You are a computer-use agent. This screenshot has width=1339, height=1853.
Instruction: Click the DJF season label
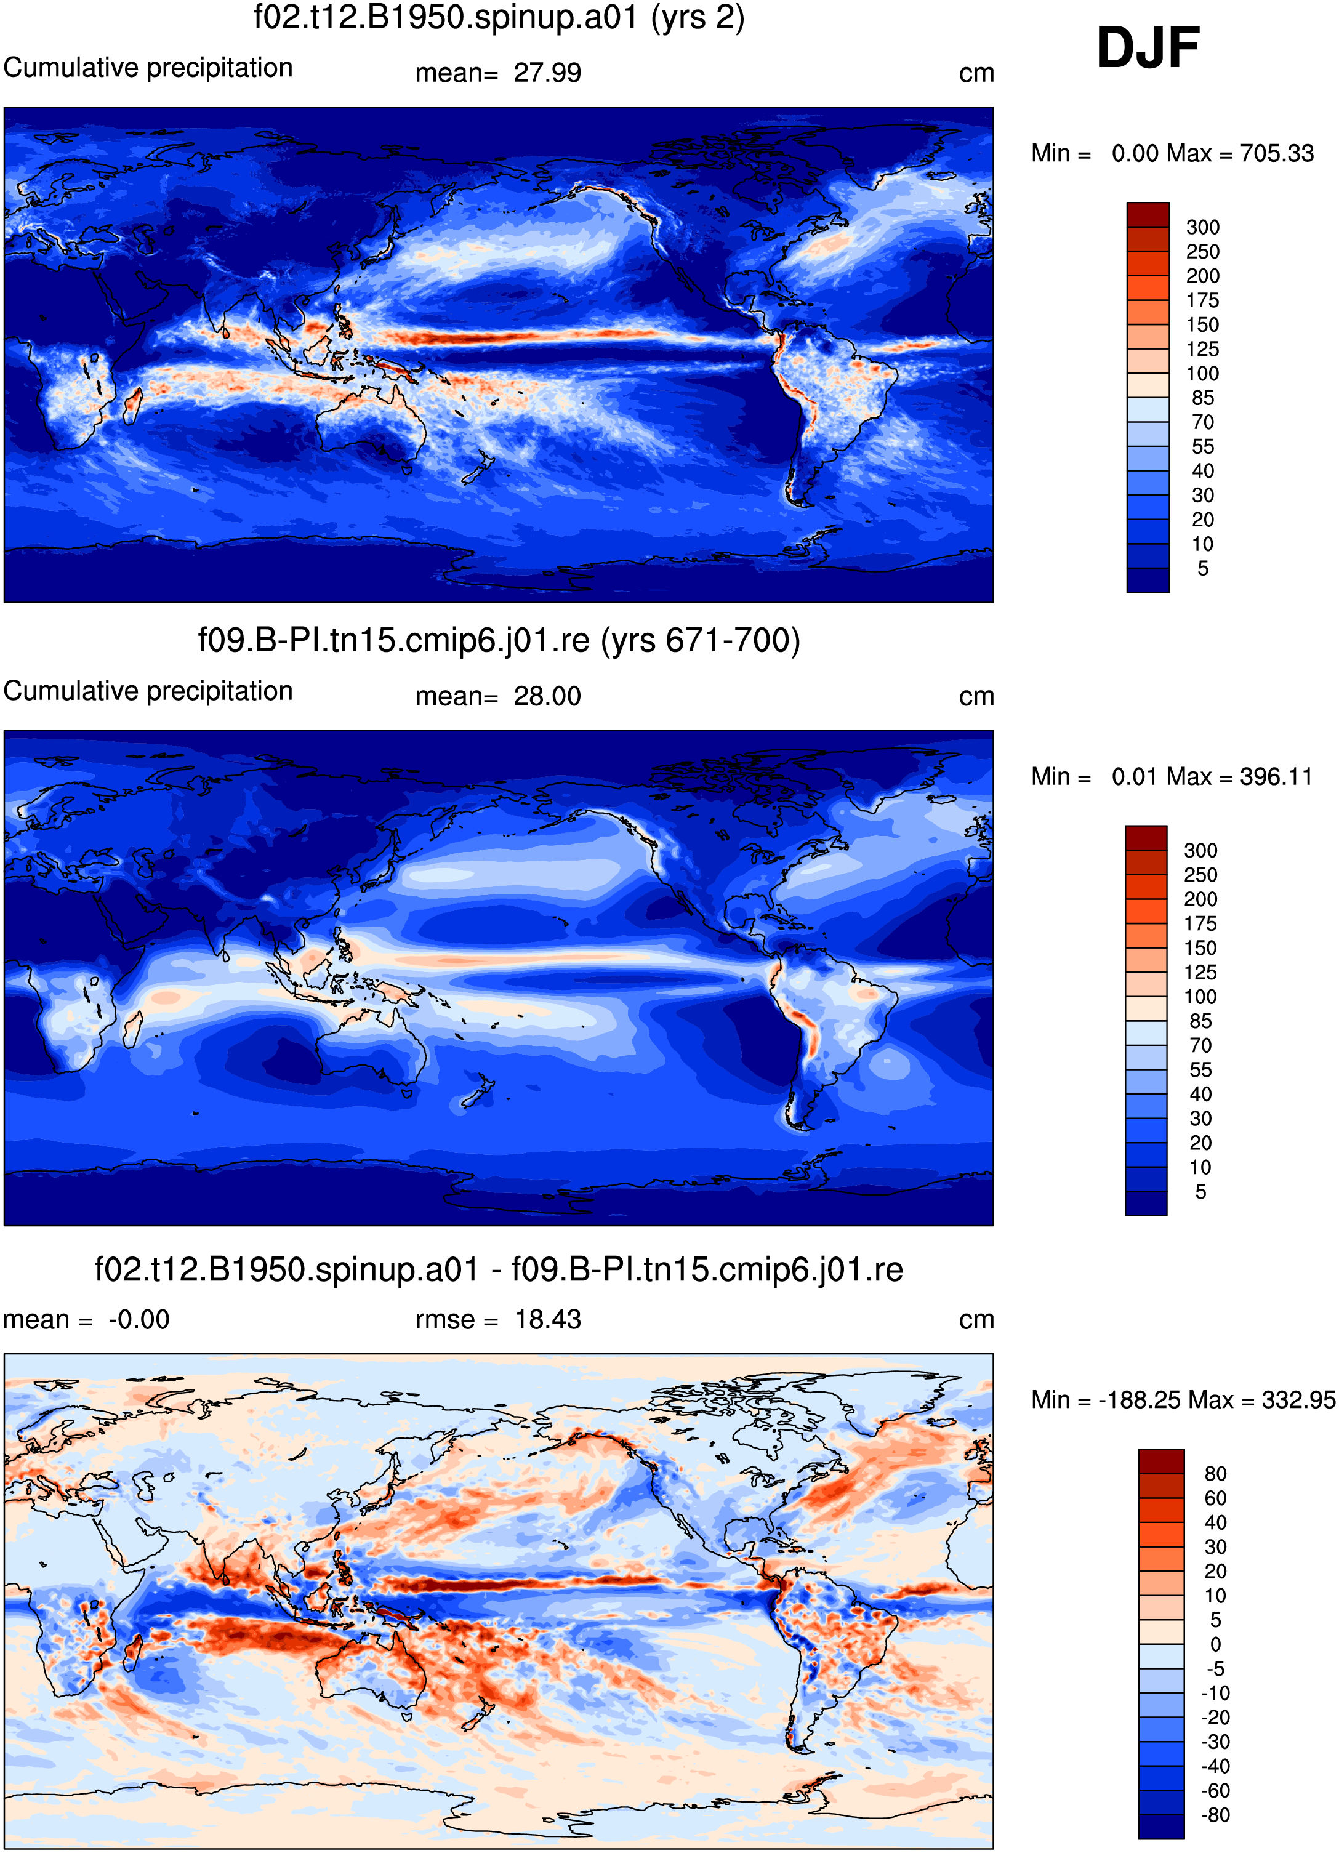[x=1148, y=47]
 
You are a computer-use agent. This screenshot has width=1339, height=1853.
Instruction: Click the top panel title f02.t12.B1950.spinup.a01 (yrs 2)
[x=499, y=17]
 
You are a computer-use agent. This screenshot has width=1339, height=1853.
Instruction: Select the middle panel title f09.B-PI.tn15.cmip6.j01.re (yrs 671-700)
[x=499, y=640]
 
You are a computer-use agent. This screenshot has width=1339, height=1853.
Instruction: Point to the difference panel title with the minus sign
[x=499, y=1269]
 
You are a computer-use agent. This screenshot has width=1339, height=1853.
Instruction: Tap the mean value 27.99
[x=547, y=73]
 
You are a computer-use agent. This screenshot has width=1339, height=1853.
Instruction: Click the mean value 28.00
[x=547, y=696]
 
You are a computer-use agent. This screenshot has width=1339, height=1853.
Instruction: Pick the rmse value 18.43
[x=547, y=1319]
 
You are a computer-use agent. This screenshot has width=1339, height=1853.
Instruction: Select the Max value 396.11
[x=1276, y=776]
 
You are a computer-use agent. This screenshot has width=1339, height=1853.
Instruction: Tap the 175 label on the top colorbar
[x=1202, y=300]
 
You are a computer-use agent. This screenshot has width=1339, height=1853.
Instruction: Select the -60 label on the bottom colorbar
[x=1216, y=1790]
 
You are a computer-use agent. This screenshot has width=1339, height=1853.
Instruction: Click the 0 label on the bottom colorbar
[x=1216, y=1644]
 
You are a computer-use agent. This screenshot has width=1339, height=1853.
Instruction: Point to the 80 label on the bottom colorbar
[x=1216, y=1473]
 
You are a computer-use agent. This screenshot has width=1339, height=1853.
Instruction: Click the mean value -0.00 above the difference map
[x=139, y=1319]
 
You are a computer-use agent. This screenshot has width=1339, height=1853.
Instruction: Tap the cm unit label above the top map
[x=976, y=73]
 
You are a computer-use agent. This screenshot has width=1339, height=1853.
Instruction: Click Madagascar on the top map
[x=132, y=405]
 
